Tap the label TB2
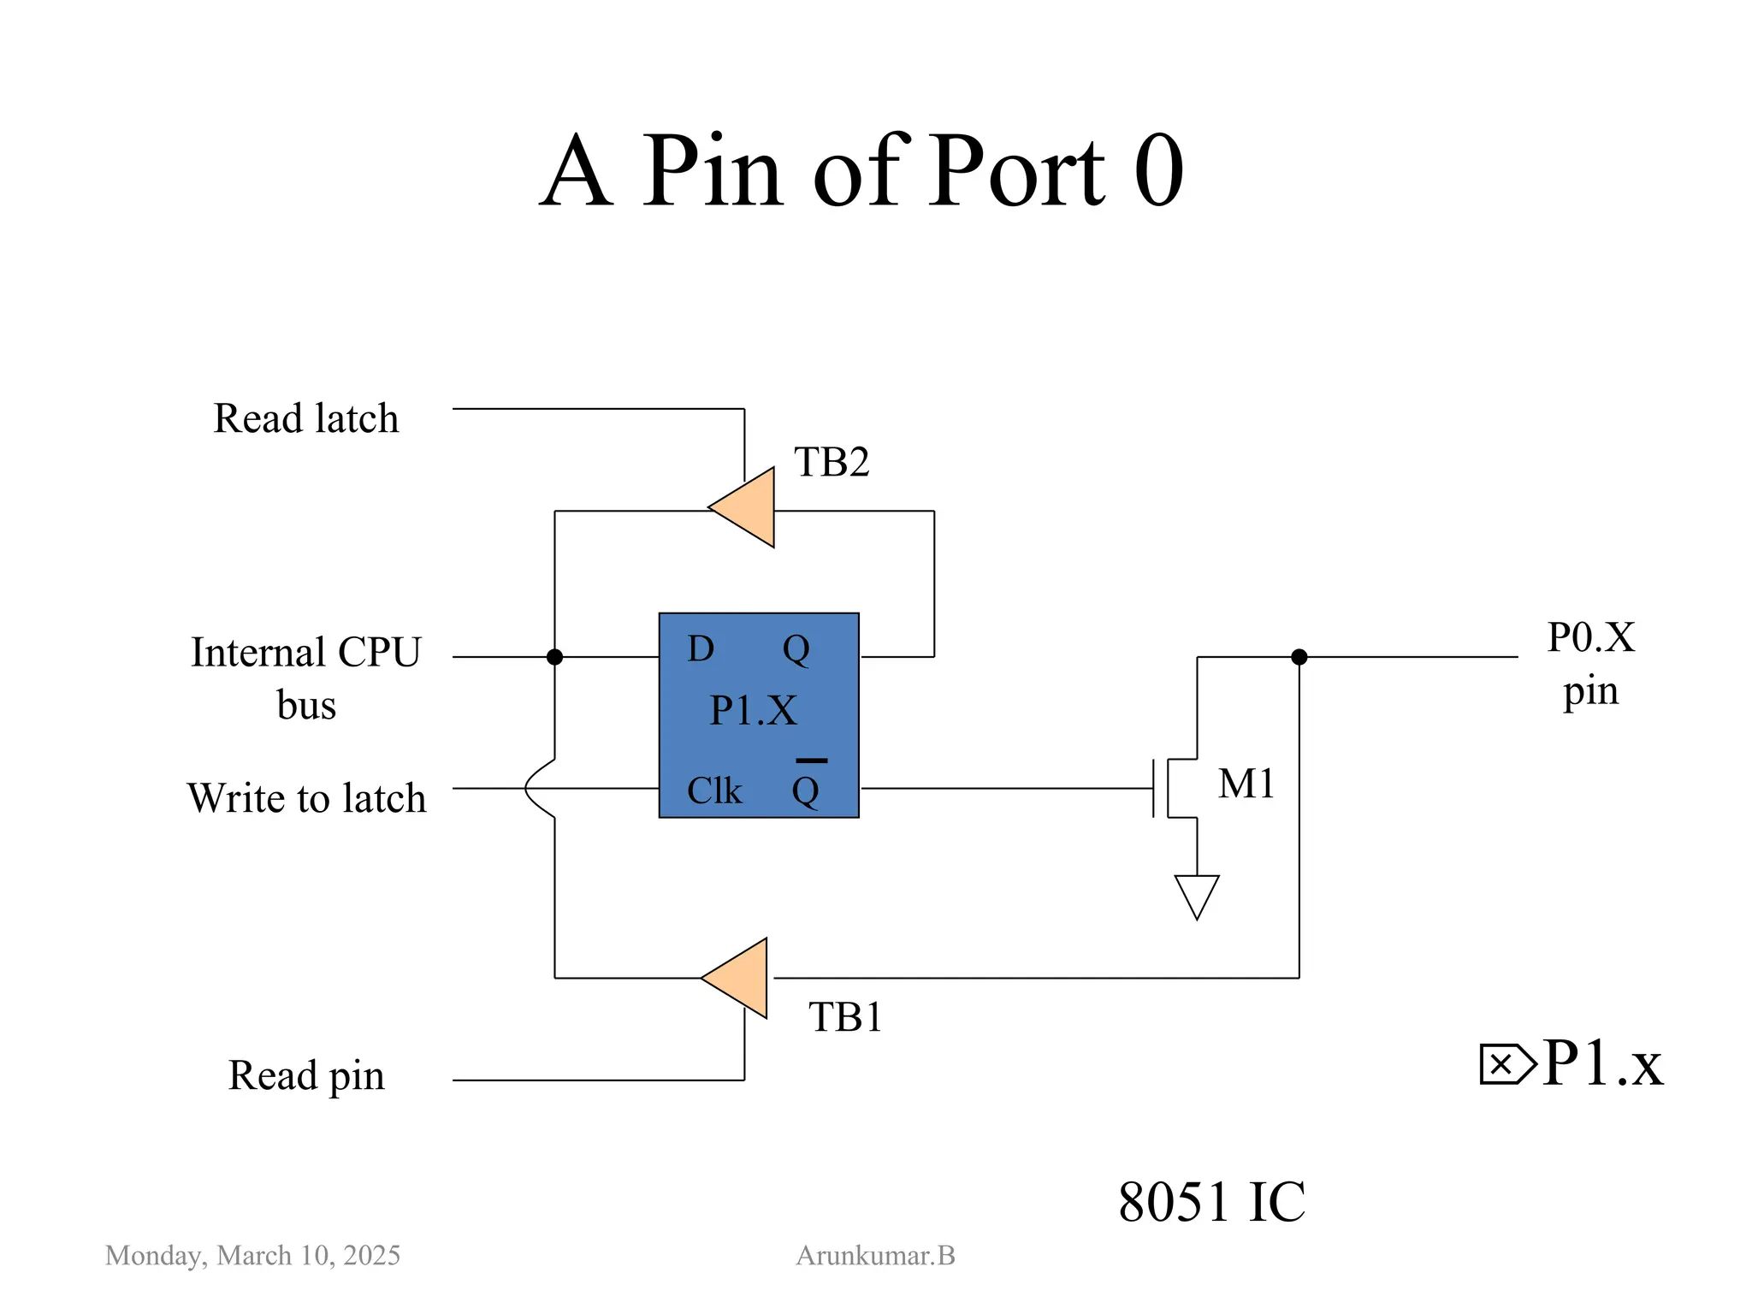[832, 463]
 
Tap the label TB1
[845, 1018]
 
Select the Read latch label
[306, 419]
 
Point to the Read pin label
[306, 1076]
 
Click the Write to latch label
[306, 798]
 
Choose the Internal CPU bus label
[306, 678]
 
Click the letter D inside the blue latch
[701, 649]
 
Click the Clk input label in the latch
[714, 791]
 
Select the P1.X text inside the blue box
[754, 711]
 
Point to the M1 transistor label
[1246, 784]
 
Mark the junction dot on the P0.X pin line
[1299, 657]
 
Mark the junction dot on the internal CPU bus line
[554, 657]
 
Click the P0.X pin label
[1590, 664]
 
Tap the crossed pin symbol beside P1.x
[1506, 1064]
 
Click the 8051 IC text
[1211, 1202]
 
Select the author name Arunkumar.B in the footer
[875, 1255]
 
